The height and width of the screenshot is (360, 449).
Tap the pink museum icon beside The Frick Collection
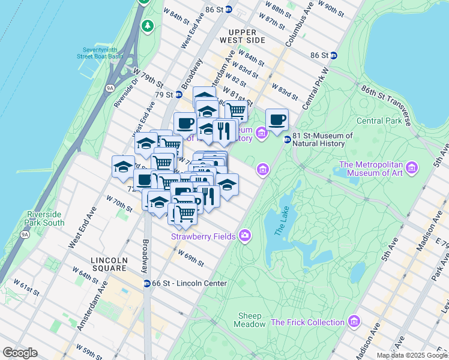[x=354, y=322]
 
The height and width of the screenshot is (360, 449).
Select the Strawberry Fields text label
[x=203, y=236]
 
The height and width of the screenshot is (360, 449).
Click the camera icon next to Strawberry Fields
[x=244, y=235]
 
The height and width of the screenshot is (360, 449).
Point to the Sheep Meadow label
[x=250, y=320]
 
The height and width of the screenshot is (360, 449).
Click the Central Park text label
[x=378, y=121]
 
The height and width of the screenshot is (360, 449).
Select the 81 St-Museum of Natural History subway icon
[x=287, y=139]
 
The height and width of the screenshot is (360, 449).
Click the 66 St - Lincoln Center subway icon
[x=147, y=283]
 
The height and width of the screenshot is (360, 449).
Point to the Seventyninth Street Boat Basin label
[x=99, y=53]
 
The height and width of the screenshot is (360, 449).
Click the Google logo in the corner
[x=20, y=353]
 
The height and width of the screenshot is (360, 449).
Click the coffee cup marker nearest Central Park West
[x=277, y=119]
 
